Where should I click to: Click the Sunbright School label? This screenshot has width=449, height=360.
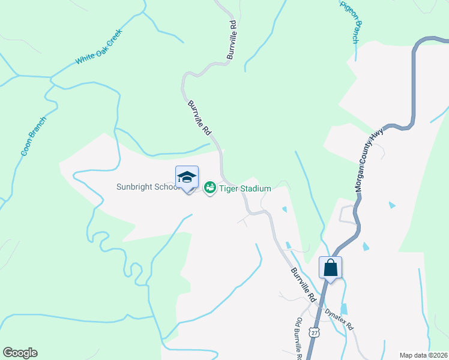tap(148, 187)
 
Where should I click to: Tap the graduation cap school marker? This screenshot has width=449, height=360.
tap(187, 176)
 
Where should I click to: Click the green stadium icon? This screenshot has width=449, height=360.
tap(210, 188)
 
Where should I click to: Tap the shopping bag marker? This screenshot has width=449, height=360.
tap(330, 267)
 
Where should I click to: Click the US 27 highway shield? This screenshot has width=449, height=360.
tap(315, 332)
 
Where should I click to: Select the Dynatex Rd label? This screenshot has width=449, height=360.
tap(339, 320)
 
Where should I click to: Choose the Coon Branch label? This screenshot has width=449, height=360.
tap(33, 136)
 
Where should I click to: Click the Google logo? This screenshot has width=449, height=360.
tap(20, 353)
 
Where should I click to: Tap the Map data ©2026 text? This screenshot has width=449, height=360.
tap(423, 355)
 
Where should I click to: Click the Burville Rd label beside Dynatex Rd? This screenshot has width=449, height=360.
tap(303, 285)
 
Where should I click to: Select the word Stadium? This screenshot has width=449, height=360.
tap(255, 188)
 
